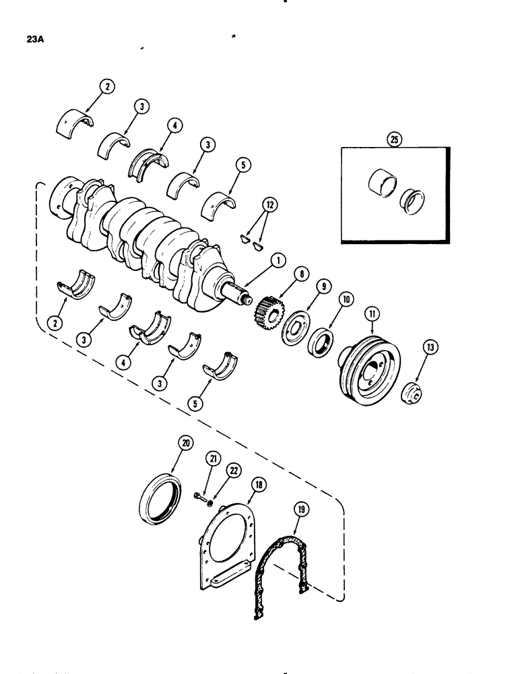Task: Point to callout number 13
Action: (430, 348)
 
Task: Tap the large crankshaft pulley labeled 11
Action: (370, 363)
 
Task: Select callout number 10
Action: (348, 299)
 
